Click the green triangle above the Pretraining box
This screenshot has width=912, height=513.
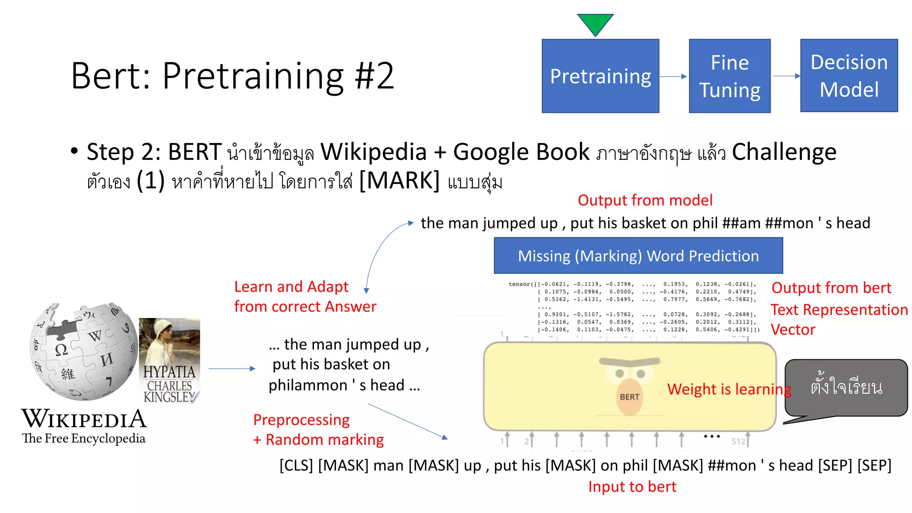pyautogui.click(x=595, y=23)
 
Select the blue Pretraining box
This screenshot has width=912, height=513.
pyautogui.click(x=600, y=76)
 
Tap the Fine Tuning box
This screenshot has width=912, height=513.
pyautogui.click(x=729, y=76)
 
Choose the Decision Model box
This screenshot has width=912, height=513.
pyautogui.click(x=849, y=76)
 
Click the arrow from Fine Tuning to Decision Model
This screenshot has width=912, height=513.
pyautogui.click(x=786, y=76)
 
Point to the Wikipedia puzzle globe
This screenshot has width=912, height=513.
pyautogui.click(x=84, y=352)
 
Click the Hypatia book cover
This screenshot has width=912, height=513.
pyautogui.click(x=170, y=361)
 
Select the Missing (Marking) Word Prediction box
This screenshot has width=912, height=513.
pyautogui.click(x=638, y=256)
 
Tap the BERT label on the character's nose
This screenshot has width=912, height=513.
pyautogui.click(x=629, y=397)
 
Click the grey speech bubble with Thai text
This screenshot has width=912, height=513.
pyautogui.click(x=846, y=387)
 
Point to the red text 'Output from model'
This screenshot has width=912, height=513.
pyautogui.click(x=645, y=200)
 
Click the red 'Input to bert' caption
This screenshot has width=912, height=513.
pyautogui.click(x=632, y=487)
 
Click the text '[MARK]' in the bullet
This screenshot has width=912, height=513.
pyautogui.click(x=399, y=181)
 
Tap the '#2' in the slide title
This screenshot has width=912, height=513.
pyautogui.click(x=375, y=76)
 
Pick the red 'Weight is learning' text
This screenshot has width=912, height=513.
pyautogui.click(x=729, y=389)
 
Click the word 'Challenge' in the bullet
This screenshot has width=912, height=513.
pyautogui.click(x=784, y=152)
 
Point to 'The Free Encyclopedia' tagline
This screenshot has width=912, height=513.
pyautogui.click(x=84, y=439)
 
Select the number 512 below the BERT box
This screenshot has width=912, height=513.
pyautogui.click(x=738, y=441)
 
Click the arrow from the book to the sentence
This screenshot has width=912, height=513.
pyautogui.click(x=232, y=369)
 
